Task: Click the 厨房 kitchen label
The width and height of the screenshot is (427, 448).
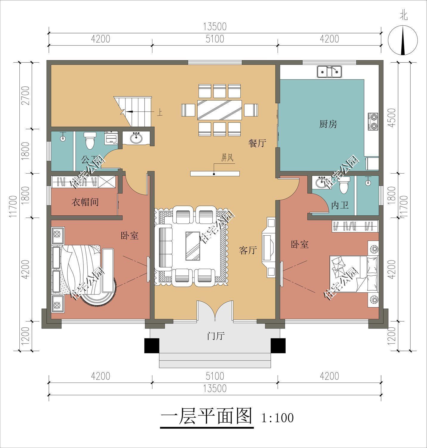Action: (328, 124)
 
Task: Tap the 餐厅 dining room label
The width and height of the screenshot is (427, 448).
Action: (257, 143)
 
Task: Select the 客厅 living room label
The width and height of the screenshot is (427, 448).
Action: (247, 250)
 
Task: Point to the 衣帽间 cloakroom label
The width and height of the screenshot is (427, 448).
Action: (85, 202)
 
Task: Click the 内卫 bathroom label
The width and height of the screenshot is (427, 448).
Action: (340, 205)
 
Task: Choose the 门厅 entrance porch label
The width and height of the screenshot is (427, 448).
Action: (216, 336)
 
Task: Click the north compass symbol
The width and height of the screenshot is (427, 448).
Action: (403, 40)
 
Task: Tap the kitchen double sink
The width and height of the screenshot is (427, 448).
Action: (329, 72)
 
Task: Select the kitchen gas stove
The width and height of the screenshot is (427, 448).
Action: (373, 122)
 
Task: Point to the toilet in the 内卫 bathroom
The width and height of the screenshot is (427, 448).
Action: (344, 185)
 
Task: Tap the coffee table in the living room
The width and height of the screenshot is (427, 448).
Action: (193, 246)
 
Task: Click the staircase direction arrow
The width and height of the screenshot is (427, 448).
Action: (130, 111)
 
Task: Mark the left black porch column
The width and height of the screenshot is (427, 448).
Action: (152, 346)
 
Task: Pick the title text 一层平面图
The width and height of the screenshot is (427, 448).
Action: (207, 416)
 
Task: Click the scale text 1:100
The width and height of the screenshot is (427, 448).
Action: (277, 418)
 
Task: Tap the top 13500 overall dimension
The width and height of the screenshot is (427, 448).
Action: (215, 26)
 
